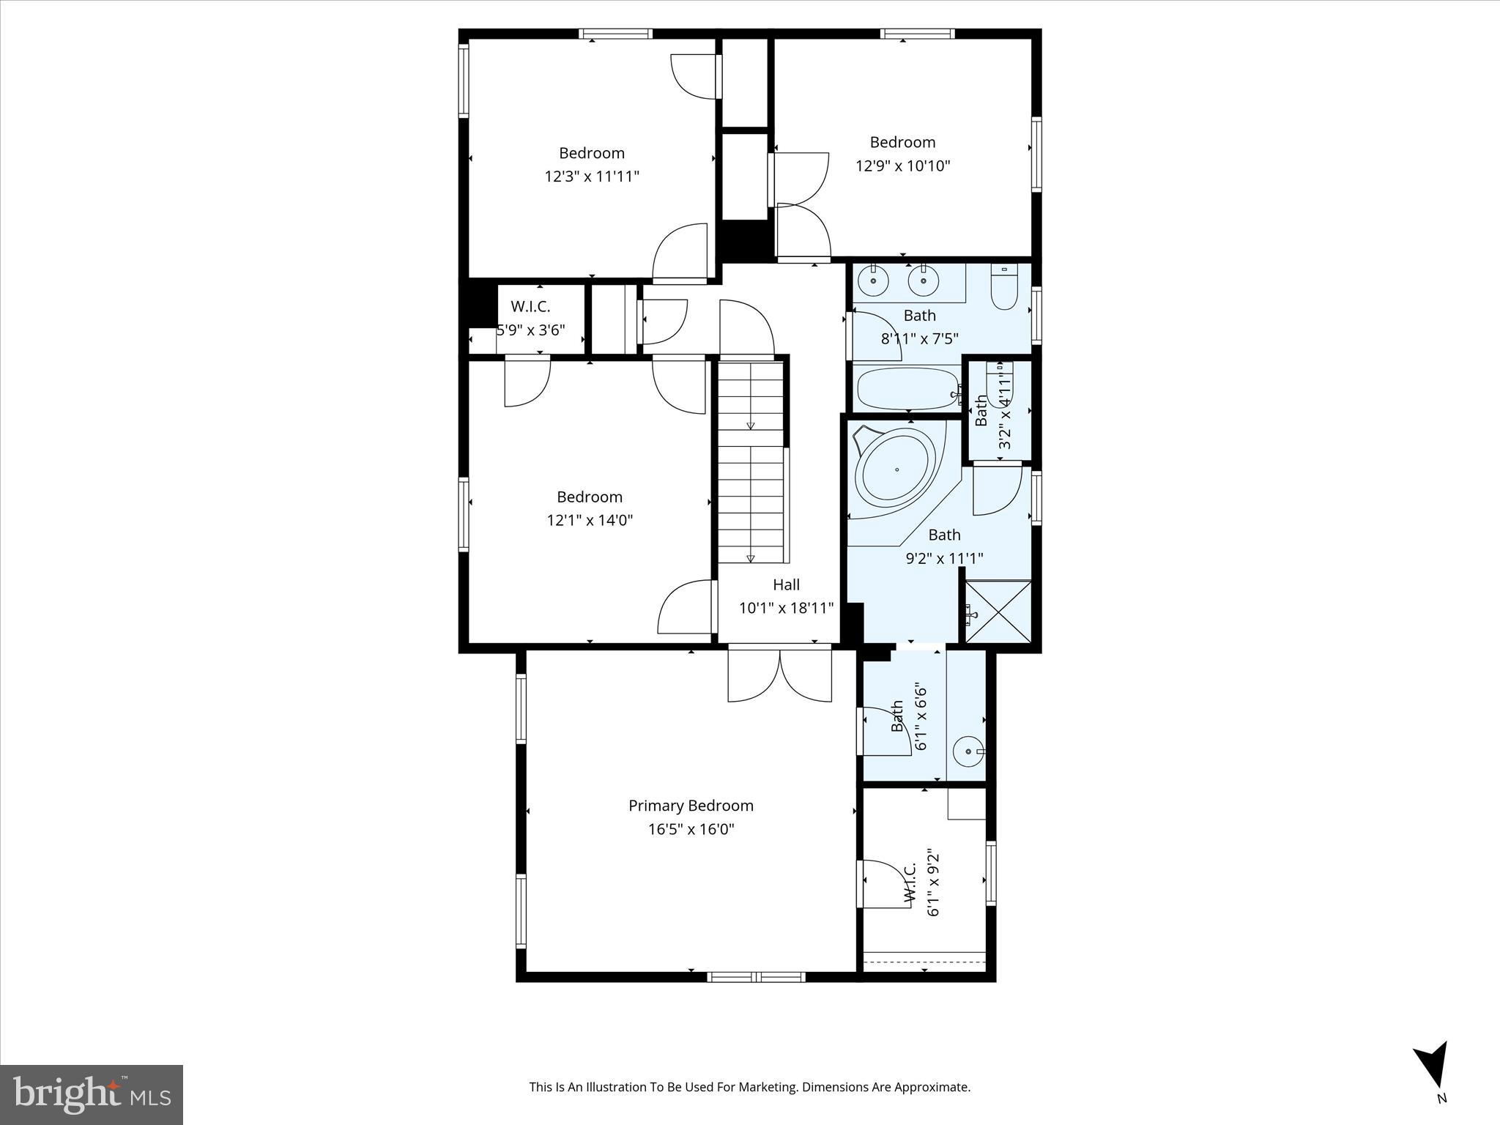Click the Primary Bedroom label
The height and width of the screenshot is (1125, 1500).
(691, 806)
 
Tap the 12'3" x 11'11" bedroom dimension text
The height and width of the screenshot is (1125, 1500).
(591, 177)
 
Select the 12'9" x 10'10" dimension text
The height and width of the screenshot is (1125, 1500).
(902, 166)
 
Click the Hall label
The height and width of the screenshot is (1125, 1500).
(786, 584)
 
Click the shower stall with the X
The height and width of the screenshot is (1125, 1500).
(998, 612)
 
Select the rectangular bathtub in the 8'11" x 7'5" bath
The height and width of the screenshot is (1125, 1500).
(908, 389)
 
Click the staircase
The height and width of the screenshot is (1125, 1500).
(751, 461)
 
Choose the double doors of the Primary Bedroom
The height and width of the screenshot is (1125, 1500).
(780, 674)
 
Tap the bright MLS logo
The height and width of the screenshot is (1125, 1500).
(92, 1094)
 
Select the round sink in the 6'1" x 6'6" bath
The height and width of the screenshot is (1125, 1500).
(968, 751)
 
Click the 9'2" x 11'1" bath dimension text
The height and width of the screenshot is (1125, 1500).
(944, 558)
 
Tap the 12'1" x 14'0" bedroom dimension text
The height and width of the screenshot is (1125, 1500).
(590, 520)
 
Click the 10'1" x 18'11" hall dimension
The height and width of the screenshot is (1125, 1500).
(786, 608)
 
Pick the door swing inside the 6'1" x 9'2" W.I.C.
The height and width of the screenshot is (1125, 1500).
(886, 885)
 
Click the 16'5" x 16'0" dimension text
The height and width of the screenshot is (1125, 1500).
(691, 829)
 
